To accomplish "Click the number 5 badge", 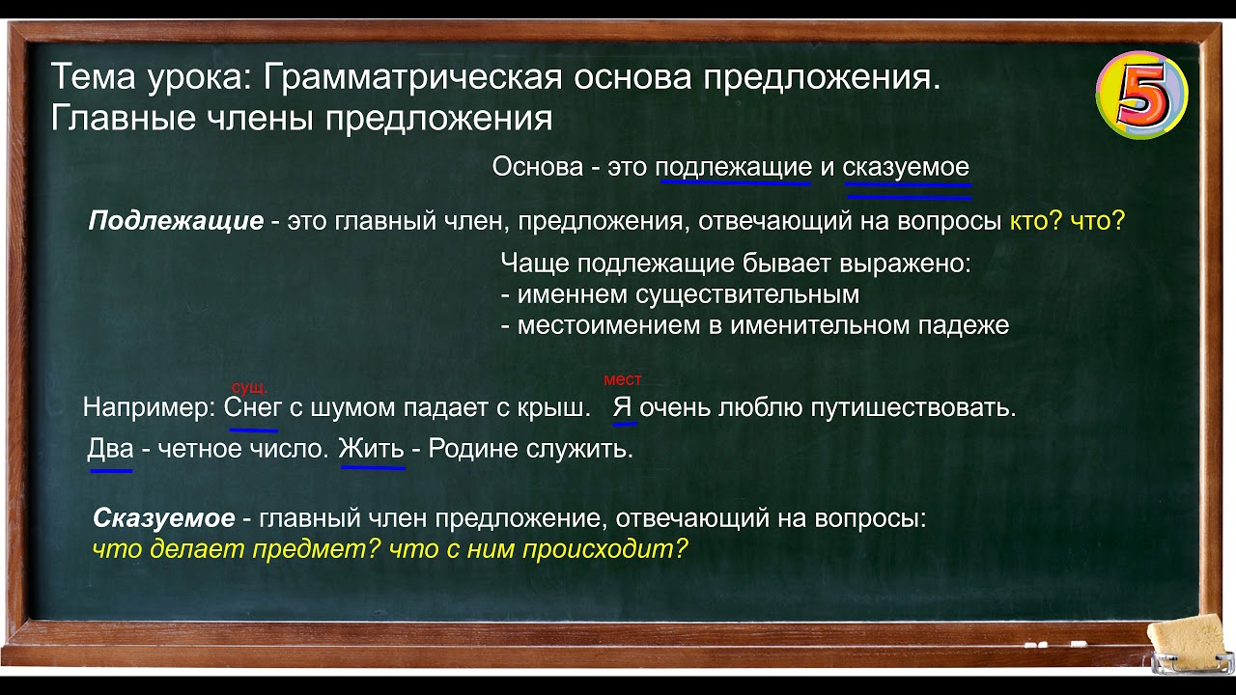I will click(1141, 95).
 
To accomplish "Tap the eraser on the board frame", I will click(1191, 643).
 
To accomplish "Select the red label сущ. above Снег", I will click(249, 387).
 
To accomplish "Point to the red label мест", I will click(622, 380).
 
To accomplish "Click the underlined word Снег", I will click(253, 407).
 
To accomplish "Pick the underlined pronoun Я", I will click(623, 407).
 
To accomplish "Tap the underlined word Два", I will click(110, 450).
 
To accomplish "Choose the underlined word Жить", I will click(371, 450).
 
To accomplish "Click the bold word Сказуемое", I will click(163, 518).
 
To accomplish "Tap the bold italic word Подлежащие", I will click(176, 221).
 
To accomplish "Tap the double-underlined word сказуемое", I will click(906, 167).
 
